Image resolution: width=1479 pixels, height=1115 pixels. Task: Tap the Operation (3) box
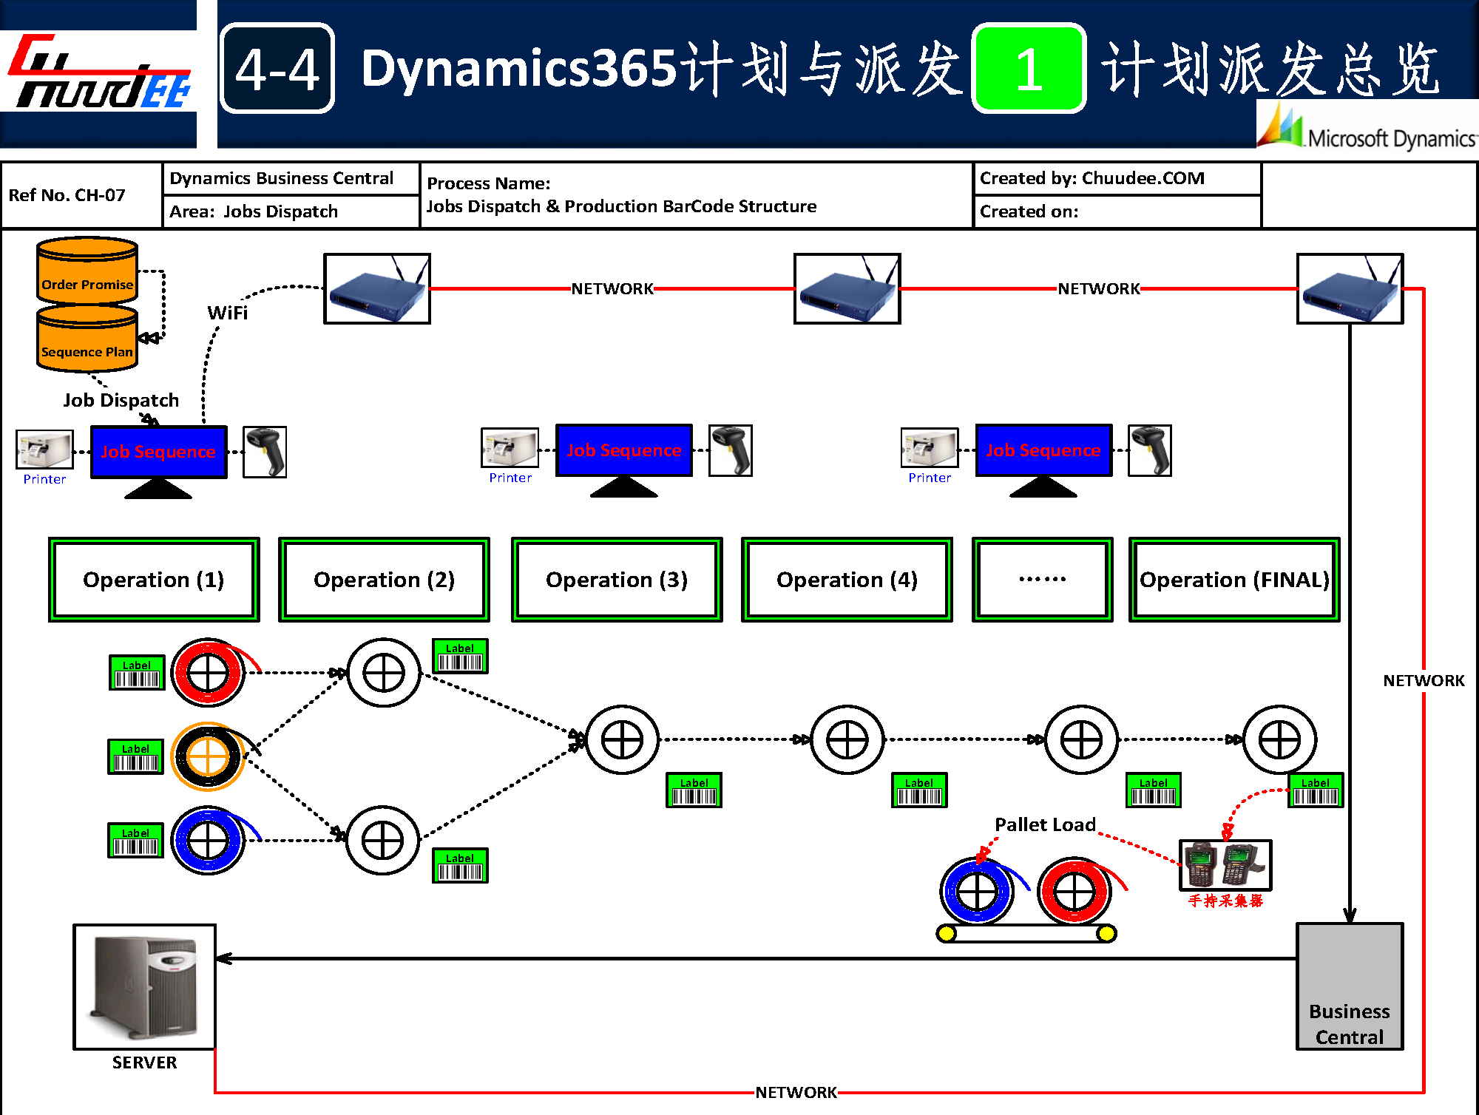click(617, 580)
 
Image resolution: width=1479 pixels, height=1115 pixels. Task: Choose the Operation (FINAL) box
click(1234, 580)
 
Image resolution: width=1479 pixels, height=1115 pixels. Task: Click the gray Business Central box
click(1350, 986)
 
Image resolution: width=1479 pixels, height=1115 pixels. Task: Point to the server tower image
click(145, 986)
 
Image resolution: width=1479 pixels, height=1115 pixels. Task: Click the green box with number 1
click(1029, 69)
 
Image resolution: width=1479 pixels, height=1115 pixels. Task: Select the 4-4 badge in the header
click(277, 69)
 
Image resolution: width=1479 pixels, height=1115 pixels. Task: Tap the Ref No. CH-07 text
click(67, 195)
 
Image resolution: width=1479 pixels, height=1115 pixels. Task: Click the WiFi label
click(228, 313)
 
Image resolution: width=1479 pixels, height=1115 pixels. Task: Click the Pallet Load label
click(1045, 824)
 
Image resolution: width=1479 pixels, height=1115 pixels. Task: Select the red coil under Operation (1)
click(209, 673)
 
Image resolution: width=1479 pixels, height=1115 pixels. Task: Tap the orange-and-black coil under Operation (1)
click(209, 756)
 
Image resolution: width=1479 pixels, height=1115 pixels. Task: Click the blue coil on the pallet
click(977, 892)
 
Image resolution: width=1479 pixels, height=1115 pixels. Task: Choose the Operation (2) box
click(384, 580)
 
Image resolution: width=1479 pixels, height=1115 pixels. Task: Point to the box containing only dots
click(1042, 580)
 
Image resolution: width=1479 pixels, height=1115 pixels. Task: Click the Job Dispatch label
click(121, 400)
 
